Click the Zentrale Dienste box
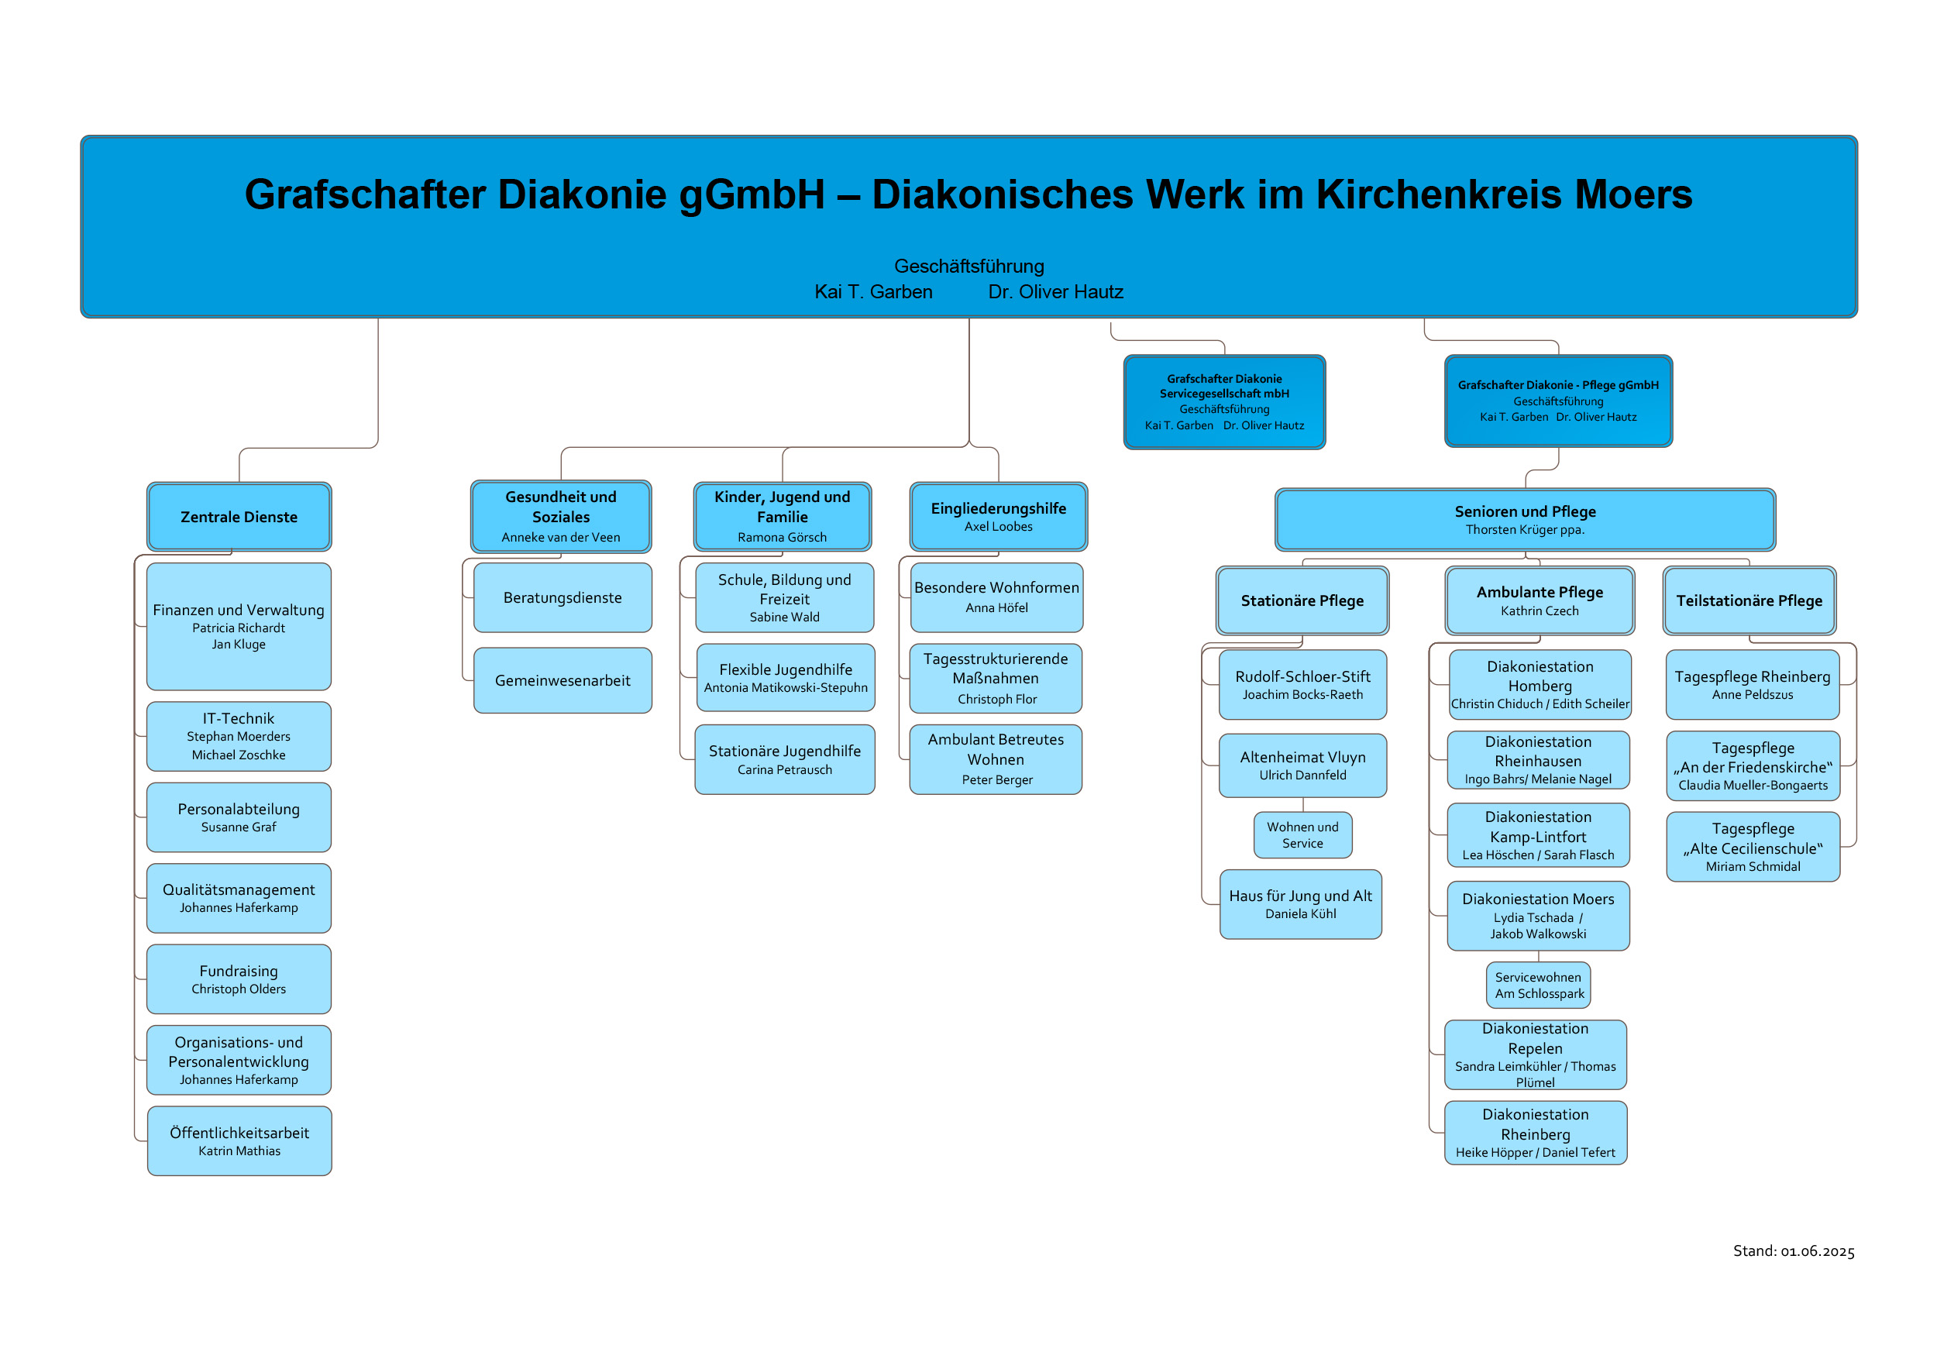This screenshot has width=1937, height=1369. pos(239,516)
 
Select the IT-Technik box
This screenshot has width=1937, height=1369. pos(239,735)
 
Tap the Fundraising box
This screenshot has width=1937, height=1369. pos(239,979)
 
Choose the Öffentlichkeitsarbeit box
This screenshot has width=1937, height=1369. pos(239,1140)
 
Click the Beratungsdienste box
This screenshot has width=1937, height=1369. pos(563,597)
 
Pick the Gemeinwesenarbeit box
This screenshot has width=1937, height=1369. pos(563,680)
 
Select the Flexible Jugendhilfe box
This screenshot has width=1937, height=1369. pos(786,677)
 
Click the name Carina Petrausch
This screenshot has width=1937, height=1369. pos(785,769)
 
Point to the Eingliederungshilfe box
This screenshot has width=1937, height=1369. pos(999,516)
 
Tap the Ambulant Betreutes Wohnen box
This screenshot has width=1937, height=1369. pos(996,759)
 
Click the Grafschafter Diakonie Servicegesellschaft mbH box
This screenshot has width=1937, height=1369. pos(1224,401)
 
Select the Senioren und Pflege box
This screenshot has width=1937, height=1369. pos(1526,520)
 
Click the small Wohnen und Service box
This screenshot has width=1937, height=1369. pos(1302,835)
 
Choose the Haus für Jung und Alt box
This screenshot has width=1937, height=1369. pos(1301,904)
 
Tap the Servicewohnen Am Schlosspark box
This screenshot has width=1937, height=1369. pos(1539,985)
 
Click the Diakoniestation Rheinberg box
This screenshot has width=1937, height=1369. pos(1536,1133)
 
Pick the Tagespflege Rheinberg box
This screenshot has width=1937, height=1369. pos(1753,684)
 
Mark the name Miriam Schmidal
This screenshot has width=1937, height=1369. pos(1753,866)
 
